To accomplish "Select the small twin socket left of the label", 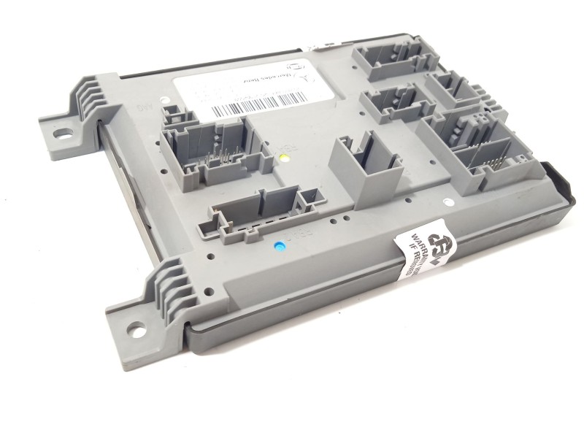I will [173, 114].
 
